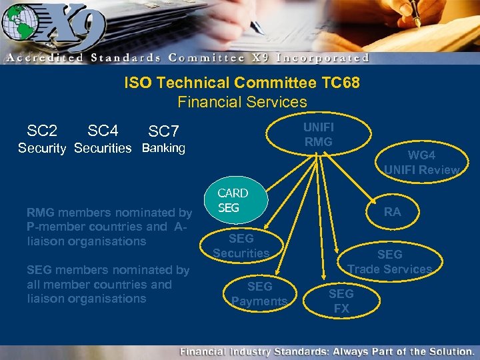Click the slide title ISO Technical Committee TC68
[242, 83]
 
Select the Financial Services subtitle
[242, 102]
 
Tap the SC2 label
[42, 130]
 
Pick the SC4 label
[103, 130]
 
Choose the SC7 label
[164, 131]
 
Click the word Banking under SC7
[164, 148]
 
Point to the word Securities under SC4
[103, 148]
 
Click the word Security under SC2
[41, 148]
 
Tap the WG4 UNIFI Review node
[421, 163]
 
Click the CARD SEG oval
[233, 201]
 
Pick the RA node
[393, 212]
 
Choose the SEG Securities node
[241, 245]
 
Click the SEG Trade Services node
[389, 262]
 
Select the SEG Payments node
[259, 294]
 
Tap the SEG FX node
[341, 301]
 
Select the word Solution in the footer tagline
[449, 351]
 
